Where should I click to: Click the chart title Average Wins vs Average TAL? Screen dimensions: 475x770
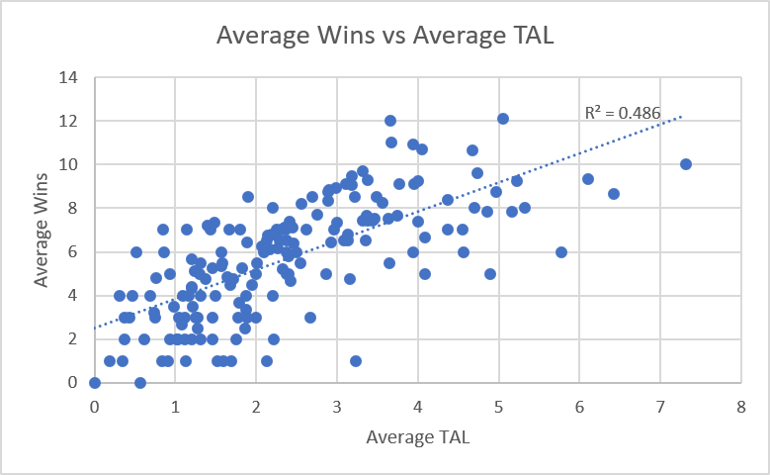coord(385,37)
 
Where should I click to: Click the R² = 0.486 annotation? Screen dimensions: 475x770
coord(622,113)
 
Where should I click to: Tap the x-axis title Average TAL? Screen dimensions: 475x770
coord(416,436)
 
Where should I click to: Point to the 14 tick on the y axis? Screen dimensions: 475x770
coord(71,77)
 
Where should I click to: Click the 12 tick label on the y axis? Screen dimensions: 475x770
coord(71,121)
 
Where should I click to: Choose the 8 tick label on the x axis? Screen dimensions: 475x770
coord(740,407)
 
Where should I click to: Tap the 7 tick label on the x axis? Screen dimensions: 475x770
coord(659,407)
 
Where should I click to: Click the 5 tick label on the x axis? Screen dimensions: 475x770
coord(498,407)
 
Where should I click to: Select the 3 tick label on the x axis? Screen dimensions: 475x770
coord(337,407)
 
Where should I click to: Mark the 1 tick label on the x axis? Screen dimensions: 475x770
coord(175,407)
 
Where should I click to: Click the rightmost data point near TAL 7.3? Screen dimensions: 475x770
coord(686,164)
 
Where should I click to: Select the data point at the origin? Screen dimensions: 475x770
coord(95,382)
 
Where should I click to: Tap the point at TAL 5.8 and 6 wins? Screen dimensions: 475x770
coord(561,251)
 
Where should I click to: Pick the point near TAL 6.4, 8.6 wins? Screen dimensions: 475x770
coord(614,194)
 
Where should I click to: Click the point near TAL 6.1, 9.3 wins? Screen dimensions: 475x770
coord(588,179)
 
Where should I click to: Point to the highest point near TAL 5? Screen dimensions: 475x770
coord(503,119)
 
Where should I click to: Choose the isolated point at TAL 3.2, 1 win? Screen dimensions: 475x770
coord(356,360)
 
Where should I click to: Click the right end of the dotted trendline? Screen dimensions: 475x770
coord(682,117)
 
